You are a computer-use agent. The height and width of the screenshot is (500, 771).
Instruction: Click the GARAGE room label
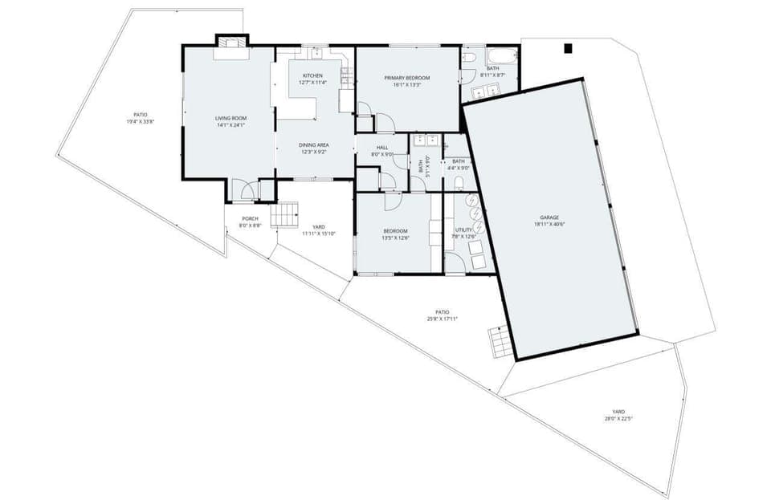[x=549, y=217]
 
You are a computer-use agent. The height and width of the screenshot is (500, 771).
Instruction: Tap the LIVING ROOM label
[x=230, y=119]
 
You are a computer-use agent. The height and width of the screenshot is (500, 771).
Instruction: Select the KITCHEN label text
[x=312, y=76]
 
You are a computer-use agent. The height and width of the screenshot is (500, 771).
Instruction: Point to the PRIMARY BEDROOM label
[x=406, y=78]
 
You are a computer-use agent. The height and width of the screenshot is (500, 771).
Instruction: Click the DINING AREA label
[x=313, y=145]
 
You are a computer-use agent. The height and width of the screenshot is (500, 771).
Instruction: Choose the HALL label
[x=382, y=148]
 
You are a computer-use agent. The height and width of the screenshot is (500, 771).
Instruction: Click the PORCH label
[x=251, y=219]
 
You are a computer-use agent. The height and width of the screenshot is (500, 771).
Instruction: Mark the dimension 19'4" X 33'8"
[x=140, y=122]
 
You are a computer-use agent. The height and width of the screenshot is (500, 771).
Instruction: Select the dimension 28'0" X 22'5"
[x=618, y=418]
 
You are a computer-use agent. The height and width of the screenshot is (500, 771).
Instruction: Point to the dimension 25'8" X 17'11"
[x=443, y=319]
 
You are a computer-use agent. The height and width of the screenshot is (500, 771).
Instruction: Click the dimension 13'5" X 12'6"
[x=395, y=238]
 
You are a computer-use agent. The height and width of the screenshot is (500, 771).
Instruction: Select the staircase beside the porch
[x=284, y=215]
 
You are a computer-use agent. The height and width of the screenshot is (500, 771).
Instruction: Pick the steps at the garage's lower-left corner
[x=500, y=343]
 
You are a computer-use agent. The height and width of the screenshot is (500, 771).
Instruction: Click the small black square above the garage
[x=568, y=48]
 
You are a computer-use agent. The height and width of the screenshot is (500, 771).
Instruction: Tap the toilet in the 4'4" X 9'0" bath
[x=459, y=184]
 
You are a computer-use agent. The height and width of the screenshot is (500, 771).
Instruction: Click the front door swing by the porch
[x=247, y=191]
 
